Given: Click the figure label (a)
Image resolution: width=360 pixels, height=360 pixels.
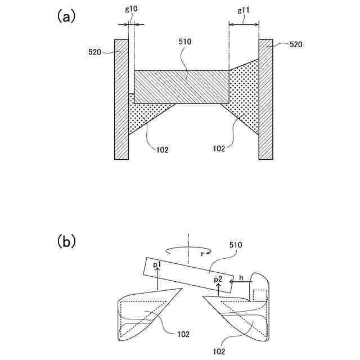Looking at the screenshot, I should (x=65, y=16).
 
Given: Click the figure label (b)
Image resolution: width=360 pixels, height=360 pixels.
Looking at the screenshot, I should (x=65, y=242).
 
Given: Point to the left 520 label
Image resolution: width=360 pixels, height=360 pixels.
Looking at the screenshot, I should (x=95, y=52).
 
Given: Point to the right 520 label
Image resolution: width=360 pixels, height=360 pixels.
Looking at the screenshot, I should (x=296, y=44).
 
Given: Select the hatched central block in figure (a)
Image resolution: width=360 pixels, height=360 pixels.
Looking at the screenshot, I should (x=181, y=86).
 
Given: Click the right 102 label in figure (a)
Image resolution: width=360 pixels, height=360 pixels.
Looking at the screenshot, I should (x=219, y=149).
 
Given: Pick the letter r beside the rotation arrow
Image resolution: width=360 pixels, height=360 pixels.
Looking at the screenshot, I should (x=202, y=254).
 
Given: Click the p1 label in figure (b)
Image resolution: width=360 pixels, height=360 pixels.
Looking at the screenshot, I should (x=157, y=264).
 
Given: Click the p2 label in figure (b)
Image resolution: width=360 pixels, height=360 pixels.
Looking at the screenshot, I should (x=219, y=279).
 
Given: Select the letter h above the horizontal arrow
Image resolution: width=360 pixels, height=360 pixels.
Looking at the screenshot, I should (x=241, y=277).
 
